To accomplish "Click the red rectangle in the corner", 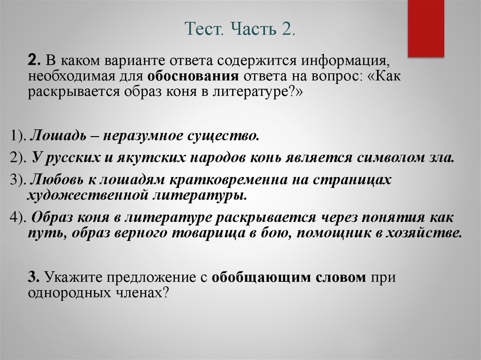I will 426,28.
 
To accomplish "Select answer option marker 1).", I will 18,137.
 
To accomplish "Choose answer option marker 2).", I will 18,158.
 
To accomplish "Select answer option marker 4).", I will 18,218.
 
